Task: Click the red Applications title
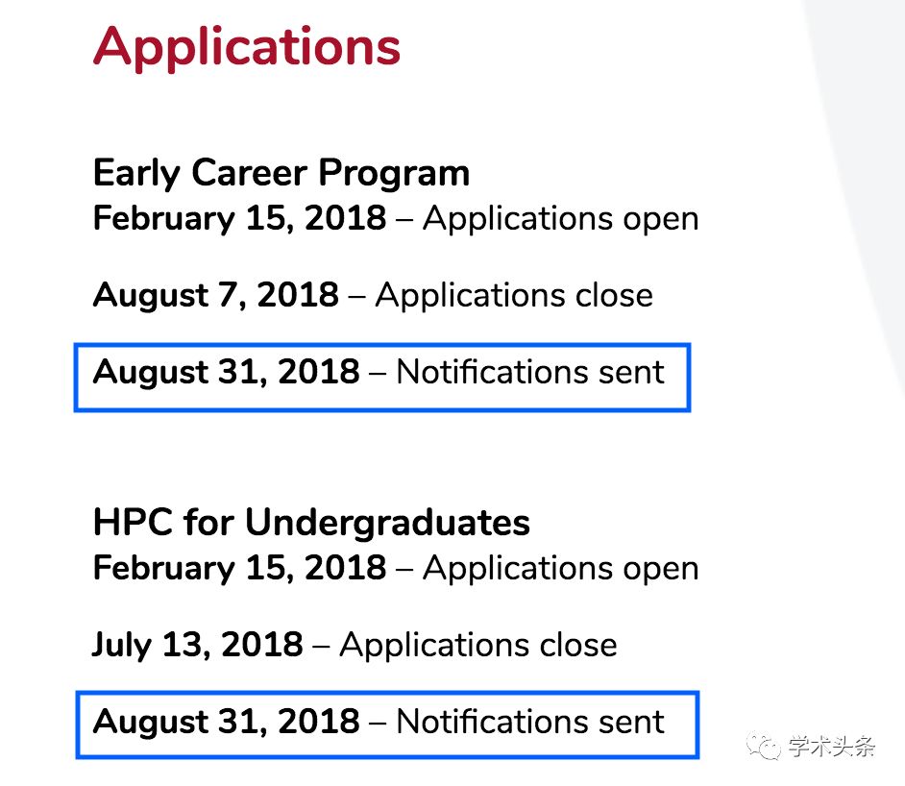247,48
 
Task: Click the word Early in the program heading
136,173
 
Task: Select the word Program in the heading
394,174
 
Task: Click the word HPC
133,523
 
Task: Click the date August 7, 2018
216,295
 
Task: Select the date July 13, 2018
197,645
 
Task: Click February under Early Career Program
164,219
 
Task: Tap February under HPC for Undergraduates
164,569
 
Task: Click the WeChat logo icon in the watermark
764,746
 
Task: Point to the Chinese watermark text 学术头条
832,747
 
